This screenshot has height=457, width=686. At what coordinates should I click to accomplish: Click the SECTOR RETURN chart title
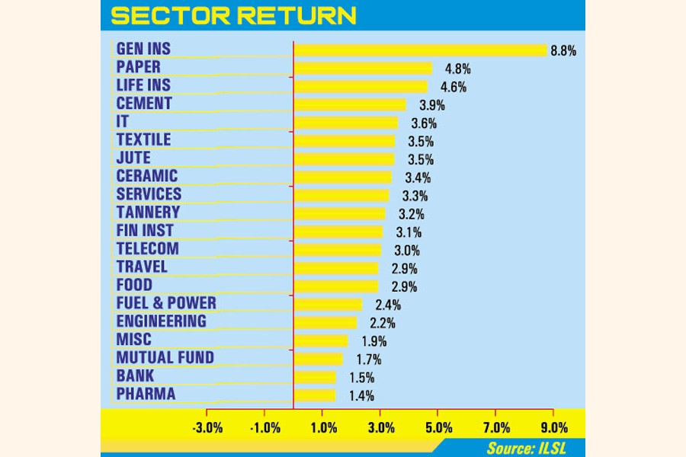click(233, 15)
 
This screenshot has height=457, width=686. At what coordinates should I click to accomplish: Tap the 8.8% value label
click(565, 51)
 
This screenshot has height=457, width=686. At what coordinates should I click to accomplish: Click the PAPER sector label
click(139, 67)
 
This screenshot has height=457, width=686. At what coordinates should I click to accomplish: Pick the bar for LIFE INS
click(361, 87)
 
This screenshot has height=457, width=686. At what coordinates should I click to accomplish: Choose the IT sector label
click(123, 122)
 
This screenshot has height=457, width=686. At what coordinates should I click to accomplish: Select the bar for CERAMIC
click(343, 177)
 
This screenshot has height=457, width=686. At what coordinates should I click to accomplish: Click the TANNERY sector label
click(148, 213)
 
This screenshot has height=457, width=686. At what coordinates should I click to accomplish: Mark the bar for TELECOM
click(338, 250)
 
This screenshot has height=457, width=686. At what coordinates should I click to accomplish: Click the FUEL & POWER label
click(166, 303)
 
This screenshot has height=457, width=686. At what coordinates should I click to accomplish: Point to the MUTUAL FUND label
click(165, 357)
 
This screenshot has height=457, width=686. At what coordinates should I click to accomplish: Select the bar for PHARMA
click(315, 395)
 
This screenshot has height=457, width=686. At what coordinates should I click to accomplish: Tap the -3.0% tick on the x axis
click(207, 427)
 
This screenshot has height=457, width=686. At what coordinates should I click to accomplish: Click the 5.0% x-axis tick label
click(438, 427)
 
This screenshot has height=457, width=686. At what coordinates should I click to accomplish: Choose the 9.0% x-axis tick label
click(553, 427)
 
